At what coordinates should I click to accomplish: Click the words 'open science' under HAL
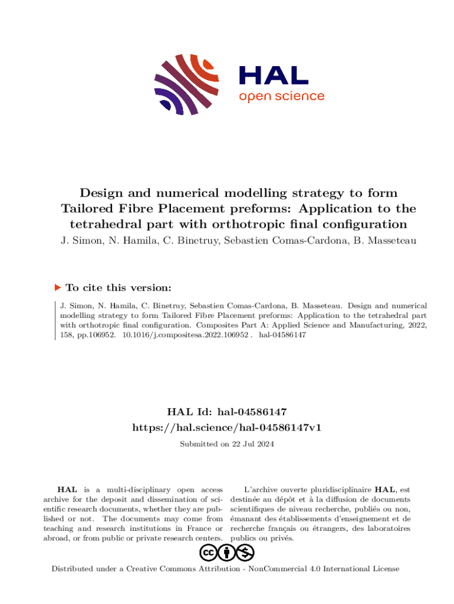pyautogui.click(x=281, y=96)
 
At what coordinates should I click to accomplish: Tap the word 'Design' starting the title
pyautogui.click(x=99, y=193)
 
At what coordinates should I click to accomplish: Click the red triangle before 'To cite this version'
pyautogui.click(x=58, y=287)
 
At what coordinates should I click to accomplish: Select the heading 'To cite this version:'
pyautogui.click(x=119, y=288)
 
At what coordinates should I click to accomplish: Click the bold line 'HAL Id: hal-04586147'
pyautogui.click(x=227, y=412)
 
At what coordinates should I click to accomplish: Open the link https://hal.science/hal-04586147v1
pyautogui.click(x=227, y=427)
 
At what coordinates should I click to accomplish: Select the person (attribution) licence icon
pyautogui.click(x=227, y=553)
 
